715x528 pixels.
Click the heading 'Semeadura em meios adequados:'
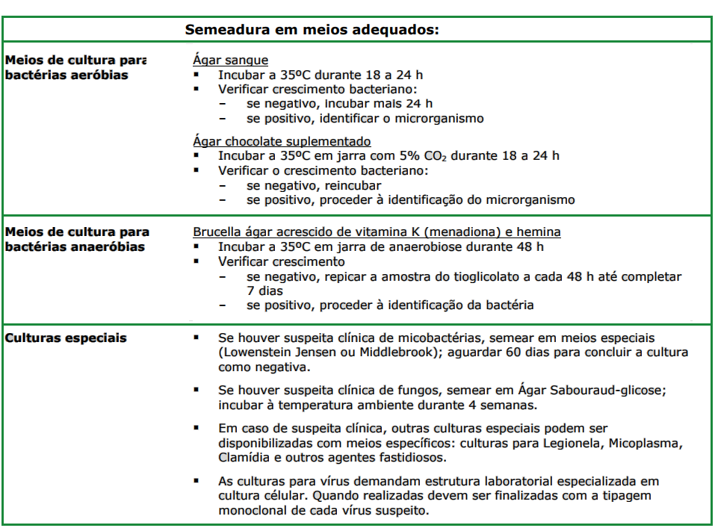312,30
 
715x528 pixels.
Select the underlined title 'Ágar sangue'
230,60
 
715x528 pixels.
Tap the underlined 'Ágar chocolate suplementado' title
282,141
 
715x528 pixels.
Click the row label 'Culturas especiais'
66,338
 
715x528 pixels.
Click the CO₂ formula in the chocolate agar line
473,156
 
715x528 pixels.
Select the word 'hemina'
539,232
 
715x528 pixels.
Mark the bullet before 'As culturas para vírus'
196,480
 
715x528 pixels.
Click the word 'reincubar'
351,185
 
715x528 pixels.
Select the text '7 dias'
264,291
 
